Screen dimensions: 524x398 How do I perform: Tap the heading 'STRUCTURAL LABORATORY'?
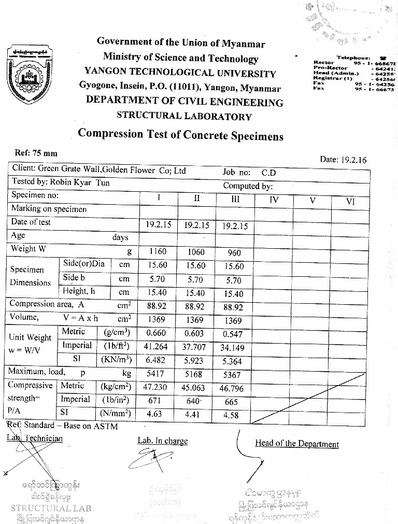click(184, 116)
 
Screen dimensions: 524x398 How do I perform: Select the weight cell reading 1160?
click(158, 252)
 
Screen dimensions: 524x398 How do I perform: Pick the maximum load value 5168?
click(195, 374)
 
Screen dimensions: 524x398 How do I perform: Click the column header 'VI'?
click(351, 202)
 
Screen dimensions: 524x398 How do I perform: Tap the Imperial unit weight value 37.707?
click(195, 347)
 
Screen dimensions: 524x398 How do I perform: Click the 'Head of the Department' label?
click(297, 444)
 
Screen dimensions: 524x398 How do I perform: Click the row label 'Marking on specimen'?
click(49, 209)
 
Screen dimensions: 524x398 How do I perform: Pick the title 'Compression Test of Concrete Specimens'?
click(181, 135)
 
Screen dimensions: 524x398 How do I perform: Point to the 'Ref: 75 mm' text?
click(36, 153)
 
